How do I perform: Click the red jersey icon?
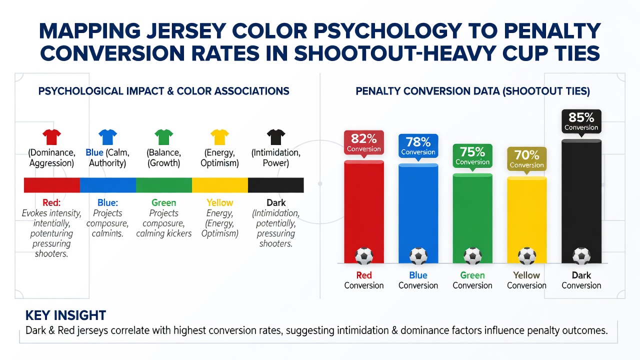(51, 137)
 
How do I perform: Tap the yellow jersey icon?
(219, 137)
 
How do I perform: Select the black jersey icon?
(276, 137)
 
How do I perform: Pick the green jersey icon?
(163, 137)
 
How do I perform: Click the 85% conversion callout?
(581, 121)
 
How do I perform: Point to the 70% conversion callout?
(527, 159)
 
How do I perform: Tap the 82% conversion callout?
(363, 143)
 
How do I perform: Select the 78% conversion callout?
(418, 146)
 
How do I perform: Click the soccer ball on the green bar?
(472, 255)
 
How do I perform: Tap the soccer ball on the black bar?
(581, 255)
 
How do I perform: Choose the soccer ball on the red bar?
(364, 255)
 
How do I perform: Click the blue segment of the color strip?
(107, 185)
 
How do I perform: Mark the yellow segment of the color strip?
(219, 185)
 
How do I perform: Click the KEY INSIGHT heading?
(65, 315)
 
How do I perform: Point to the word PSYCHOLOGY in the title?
(388, 31)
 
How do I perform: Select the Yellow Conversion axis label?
(526, 280)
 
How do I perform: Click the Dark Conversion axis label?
(581, 280)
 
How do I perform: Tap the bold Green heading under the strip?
(163, 202)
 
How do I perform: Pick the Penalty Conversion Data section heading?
(472, 91)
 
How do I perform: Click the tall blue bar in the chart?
(418, 213)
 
